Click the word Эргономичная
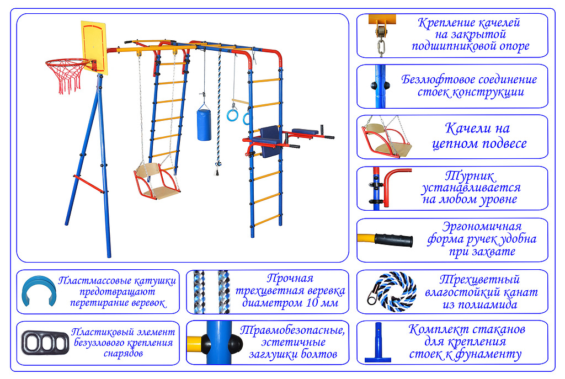tap(482, 227)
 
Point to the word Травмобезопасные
tap(292, 330)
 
